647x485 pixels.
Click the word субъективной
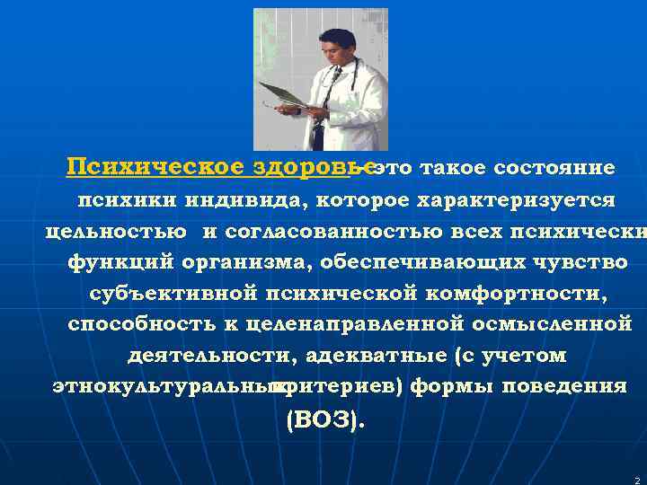[173, 293]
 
